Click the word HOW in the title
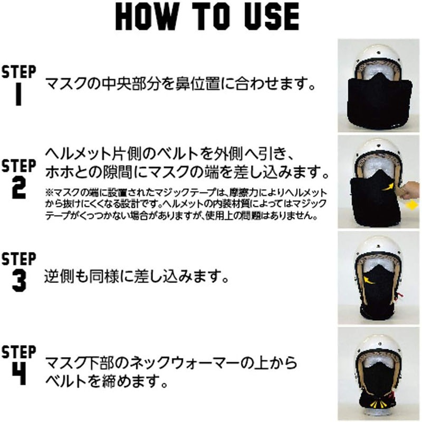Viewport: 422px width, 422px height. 147,17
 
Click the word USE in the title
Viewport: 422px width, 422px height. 272,17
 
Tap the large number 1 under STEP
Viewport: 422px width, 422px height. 18,94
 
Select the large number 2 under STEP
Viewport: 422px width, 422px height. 19,188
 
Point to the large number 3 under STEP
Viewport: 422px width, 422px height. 19,281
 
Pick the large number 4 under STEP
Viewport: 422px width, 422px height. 19,374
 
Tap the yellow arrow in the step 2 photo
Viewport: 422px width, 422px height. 388,187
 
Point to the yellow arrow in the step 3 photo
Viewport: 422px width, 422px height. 369,280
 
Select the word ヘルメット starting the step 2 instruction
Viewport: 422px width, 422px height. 78,154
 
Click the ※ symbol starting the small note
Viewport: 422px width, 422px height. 50,193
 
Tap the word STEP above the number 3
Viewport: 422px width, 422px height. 19,259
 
